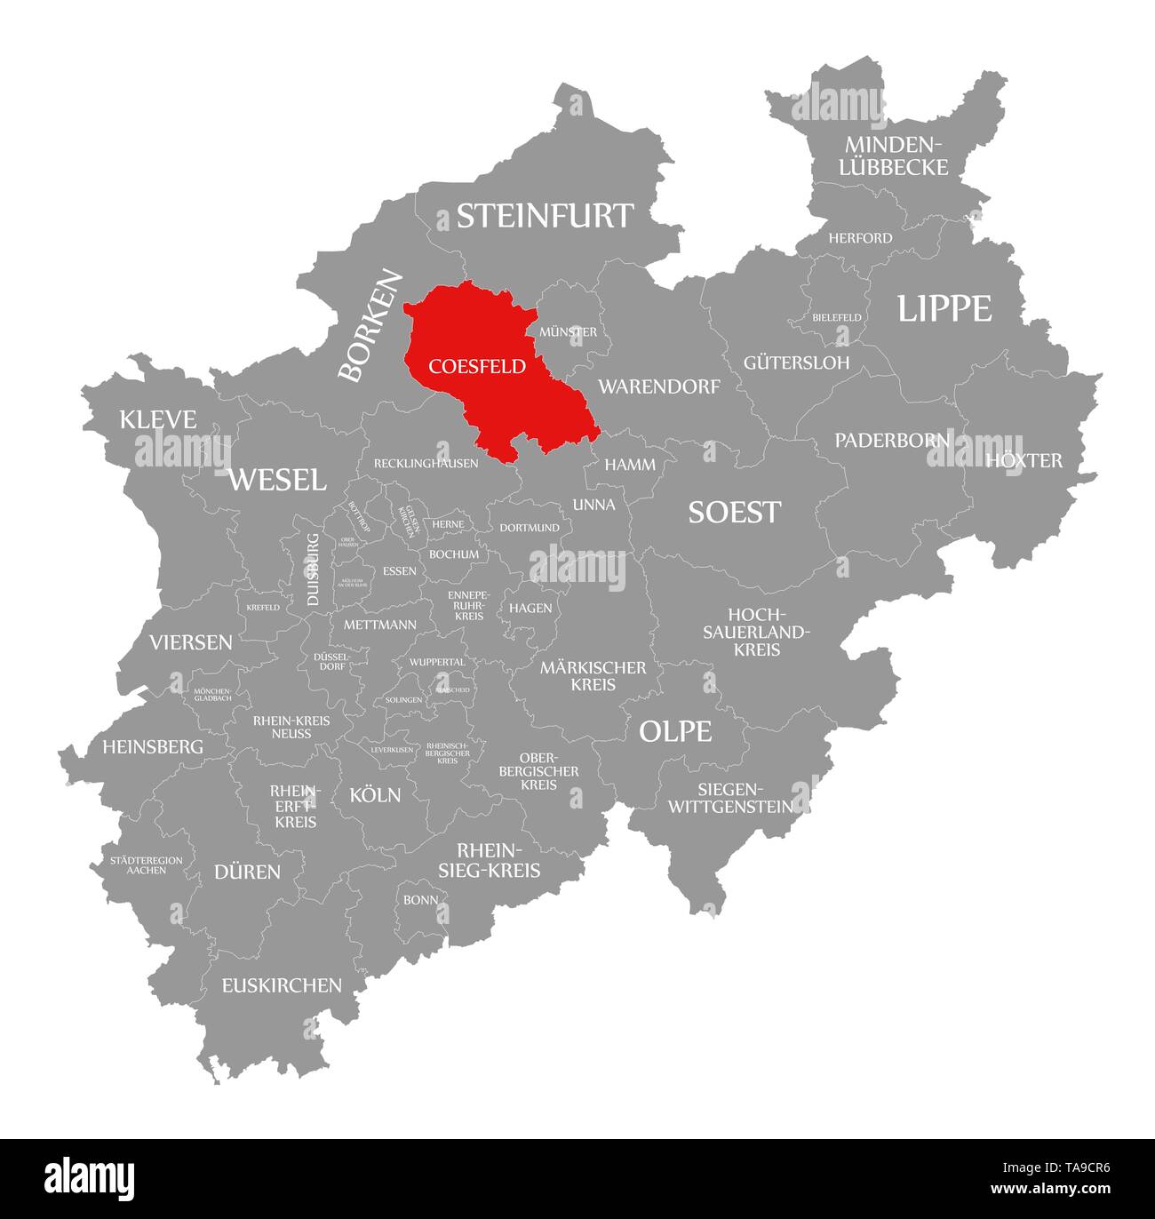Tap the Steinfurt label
tap(545, 216)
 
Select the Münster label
tap(568, 331)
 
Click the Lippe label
tap(944, 308)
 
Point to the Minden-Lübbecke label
tap(896, 155)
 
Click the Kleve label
tap(158, 419)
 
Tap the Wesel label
tap(277, 480)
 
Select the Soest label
tap(735, 512)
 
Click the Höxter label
tap(1024, 460)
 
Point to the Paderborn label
tap(892, 440)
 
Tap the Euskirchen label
tap(282, 984)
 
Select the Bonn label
tap(420, 899)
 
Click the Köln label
tap(375, 794)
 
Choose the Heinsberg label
tap(152, 746)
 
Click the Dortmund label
tap(530, 528)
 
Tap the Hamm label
tap(630, 465)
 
